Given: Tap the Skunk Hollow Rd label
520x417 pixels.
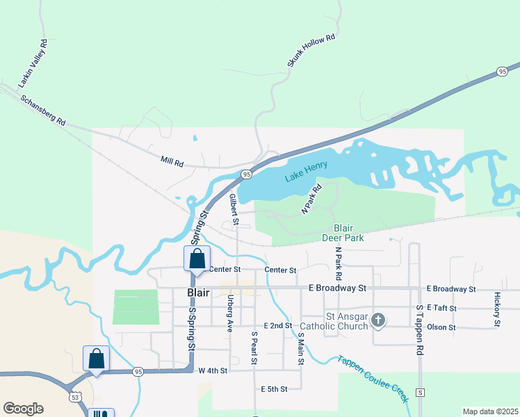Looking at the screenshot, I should click(x=311, y=51).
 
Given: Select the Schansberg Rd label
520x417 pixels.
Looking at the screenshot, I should click(x=42, y=110).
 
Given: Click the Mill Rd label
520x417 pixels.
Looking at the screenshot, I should click(x=172, y=163).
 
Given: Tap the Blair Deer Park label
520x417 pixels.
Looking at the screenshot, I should click(x=343, y=232).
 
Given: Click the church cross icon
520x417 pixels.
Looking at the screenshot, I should click(x=377, y=320).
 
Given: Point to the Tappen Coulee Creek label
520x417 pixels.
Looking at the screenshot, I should click(x=372, y=379).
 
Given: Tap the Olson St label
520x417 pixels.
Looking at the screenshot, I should click(x=442, y=327).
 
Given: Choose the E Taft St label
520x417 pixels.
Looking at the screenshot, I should click(x=442, y=307).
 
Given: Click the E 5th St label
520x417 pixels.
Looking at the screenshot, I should click(x=275, y=389).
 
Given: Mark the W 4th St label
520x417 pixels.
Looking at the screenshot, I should click(x=213, y=371).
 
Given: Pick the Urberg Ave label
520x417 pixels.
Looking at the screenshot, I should click(x=229, y=311).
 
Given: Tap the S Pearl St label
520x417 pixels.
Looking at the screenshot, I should click(x=254, y=348).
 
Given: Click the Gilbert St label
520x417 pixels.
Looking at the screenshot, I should click(x=234, y=210).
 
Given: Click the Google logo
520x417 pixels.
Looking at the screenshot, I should click(x=23, y=409).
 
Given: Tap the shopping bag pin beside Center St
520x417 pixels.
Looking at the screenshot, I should click(x=197, y=259).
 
